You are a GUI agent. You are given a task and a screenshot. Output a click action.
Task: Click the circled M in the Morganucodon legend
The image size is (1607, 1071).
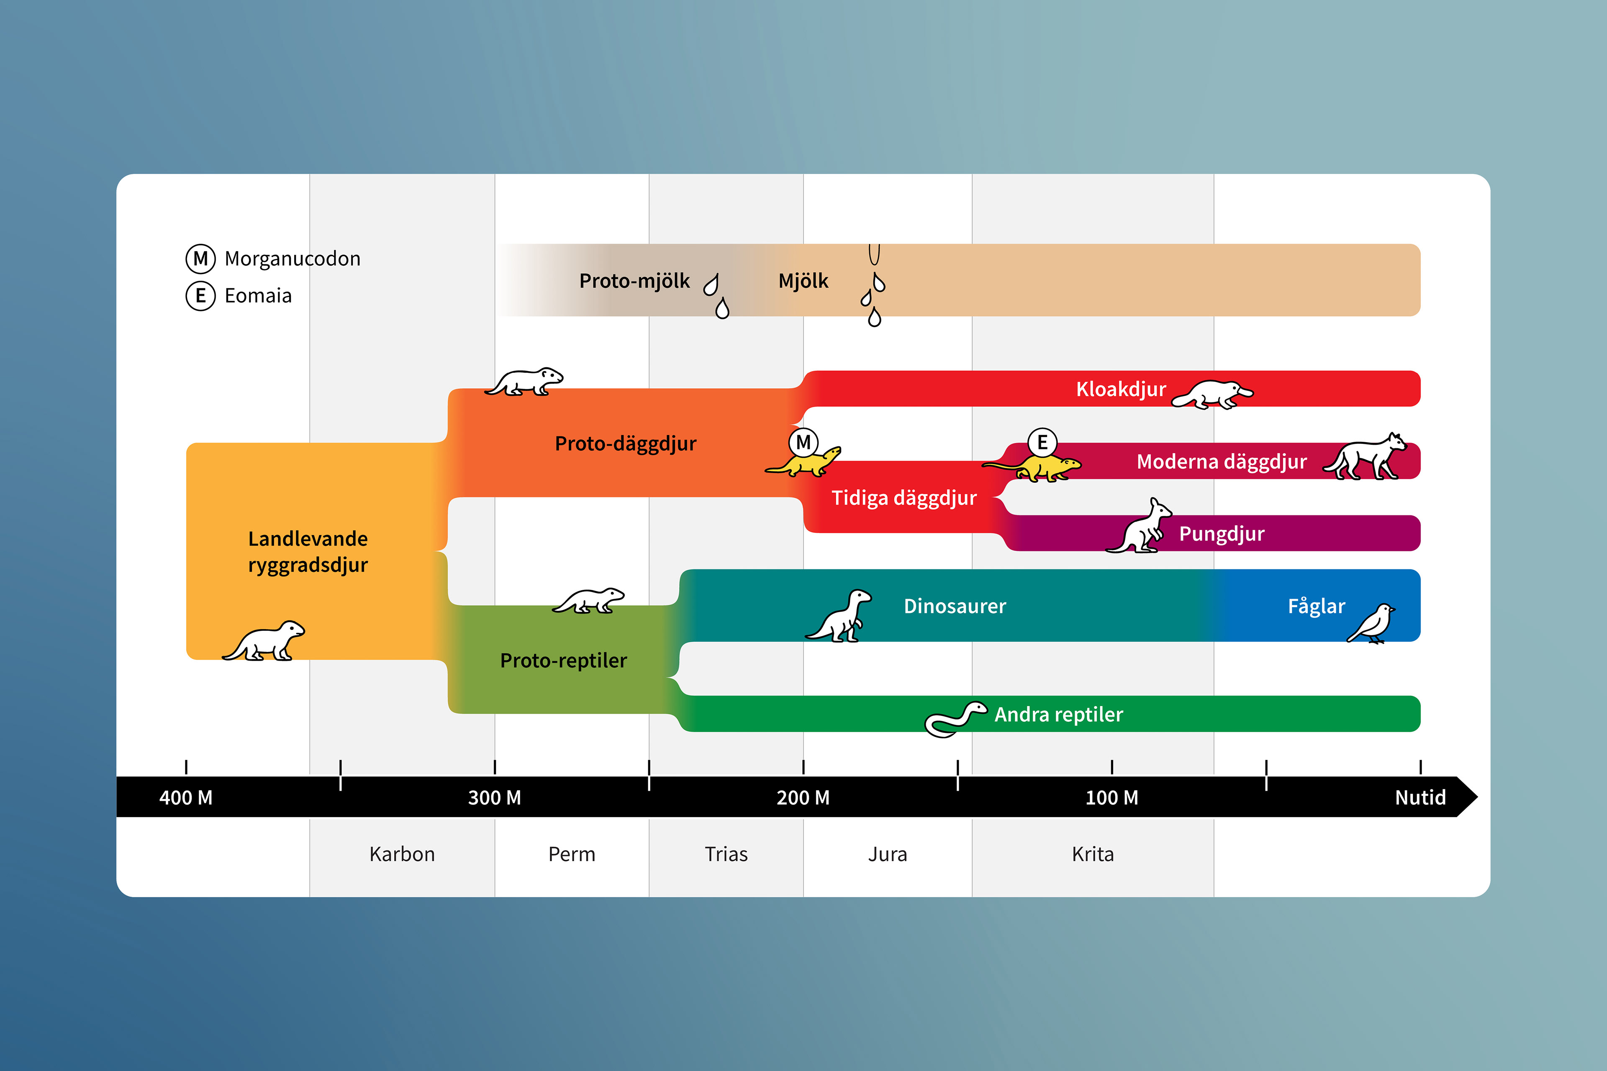click(x=200, y=259)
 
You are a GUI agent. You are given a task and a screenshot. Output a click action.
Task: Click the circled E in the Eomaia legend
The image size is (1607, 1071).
click(x=200, y=296)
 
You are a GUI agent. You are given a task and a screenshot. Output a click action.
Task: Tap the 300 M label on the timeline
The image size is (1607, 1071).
click(x=494, y=798)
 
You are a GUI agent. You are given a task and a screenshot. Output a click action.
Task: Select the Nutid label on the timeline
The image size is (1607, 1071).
click(x=1420, y=798)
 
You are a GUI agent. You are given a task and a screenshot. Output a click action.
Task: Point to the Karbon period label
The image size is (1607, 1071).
click(x=402, y=854)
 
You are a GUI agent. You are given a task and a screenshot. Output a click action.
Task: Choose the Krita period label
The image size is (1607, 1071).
click(x=1093, y=854)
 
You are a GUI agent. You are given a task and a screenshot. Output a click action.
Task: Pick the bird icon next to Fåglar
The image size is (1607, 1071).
click(x=1372, y=623)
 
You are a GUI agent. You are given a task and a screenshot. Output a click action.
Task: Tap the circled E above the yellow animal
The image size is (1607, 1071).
click(x=1042, y=443)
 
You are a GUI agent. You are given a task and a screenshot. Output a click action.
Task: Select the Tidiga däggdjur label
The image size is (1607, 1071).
click(x=903, y=498)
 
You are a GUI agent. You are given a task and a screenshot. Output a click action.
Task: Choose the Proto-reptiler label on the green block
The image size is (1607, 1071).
click(x=563, y=661)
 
